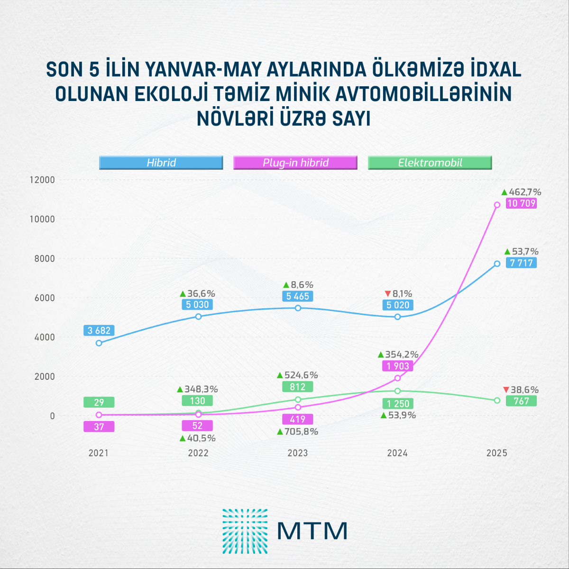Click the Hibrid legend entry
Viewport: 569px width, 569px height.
(161, 163)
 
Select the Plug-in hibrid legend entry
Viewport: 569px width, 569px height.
(295, 163)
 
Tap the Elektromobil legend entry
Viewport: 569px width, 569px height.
(430, 163)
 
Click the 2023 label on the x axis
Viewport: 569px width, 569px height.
(298, 453)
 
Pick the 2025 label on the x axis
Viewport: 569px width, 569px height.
(497, 453)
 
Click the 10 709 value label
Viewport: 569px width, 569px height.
(521, 204)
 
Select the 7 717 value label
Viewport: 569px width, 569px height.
(521, 263)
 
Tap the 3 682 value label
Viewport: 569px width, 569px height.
(99, 330)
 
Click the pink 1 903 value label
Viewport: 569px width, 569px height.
(397, 366)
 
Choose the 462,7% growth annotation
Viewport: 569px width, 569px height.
(524, 192)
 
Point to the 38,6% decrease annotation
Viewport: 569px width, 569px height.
(524, 390)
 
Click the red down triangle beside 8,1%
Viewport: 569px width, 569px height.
(388, 294)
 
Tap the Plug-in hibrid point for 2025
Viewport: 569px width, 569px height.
(497, 205)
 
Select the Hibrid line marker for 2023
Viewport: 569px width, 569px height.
(298, 308)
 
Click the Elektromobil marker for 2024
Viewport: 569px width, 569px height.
(397, 391)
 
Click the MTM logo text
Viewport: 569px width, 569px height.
(312, 531)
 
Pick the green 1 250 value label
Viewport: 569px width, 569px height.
(397, 404)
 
